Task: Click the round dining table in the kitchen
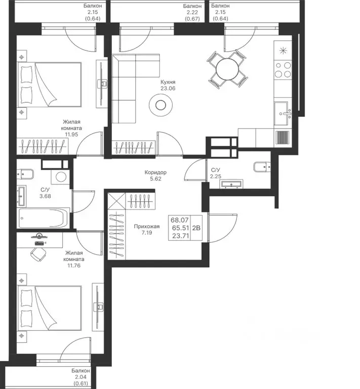227,69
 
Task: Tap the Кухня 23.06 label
168,85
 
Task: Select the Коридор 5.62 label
155,175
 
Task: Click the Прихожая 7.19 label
147,229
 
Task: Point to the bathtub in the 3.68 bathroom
44,218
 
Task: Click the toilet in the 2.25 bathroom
262,167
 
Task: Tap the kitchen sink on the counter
283,113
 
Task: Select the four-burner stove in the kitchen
283,70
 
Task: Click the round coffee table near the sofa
161,105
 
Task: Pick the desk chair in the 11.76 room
38,254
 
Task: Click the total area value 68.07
180,220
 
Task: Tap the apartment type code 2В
196,228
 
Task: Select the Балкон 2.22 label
192,12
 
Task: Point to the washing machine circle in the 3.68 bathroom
61,177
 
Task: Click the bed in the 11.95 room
50,85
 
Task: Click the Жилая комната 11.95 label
72,128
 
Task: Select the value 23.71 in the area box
180,236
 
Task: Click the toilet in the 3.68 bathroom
25,174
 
